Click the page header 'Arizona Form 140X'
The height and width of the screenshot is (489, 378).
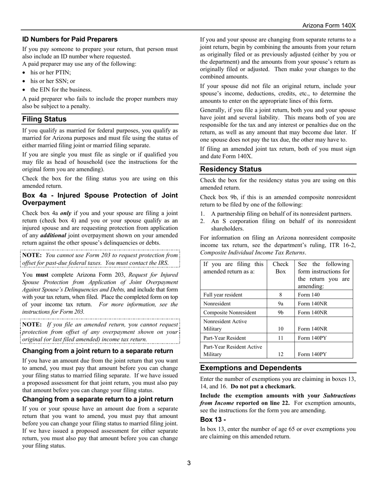click(x=329, y=25)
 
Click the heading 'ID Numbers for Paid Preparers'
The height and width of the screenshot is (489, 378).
click(x=70, y=39)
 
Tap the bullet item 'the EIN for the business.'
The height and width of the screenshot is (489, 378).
click(x=61, y=89)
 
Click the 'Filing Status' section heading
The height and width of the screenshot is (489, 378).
click(x=45, y=119)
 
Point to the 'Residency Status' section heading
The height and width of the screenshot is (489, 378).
click(x=231, y=169)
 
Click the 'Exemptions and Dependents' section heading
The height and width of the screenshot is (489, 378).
click(x=251, y=368)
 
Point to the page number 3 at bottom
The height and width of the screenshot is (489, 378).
click(x=189, y=463)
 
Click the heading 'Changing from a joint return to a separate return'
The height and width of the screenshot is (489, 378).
click(x=97, y=351)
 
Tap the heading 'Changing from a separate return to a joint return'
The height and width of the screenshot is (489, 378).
click(x=97, y=399)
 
